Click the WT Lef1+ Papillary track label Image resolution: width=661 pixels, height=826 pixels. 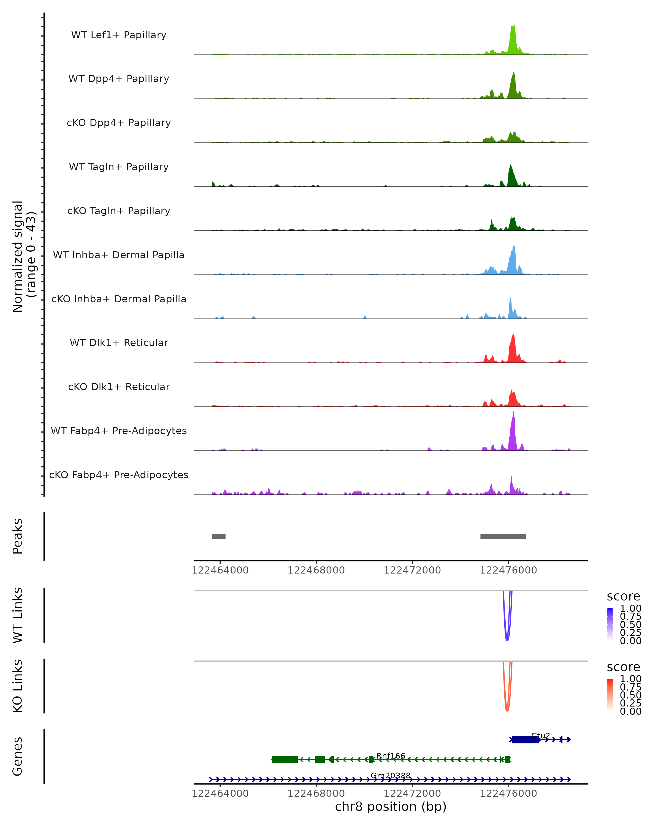(x=119, y=35)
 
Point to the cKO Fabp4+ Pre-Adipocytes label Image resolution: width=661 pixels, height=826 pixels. (x=119, y=475)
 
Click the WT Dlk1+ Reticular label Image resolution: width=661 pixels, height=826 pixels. (x=119, y=343)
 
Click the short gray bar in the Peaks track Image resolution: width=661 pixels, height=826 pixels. (x=218, y=536)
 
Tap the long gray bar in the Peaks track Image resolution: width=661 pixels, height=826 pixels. (x=503, y=536)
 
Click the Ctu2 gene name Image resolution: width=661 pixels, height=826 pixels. (x=540, y=736)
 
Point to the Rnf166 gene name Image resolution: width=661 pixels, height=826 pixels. (x=391, y=756)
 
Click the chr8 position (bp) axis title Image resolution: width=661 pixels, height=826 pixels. (x=391, y=806)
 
